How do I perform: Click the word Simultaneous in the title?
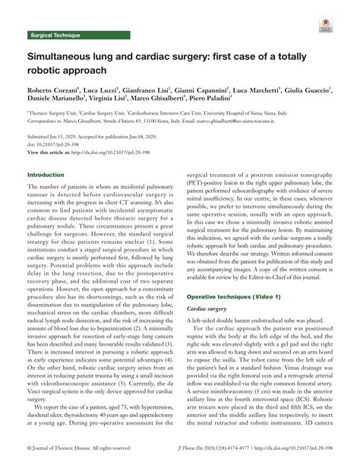click(63, 57)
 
